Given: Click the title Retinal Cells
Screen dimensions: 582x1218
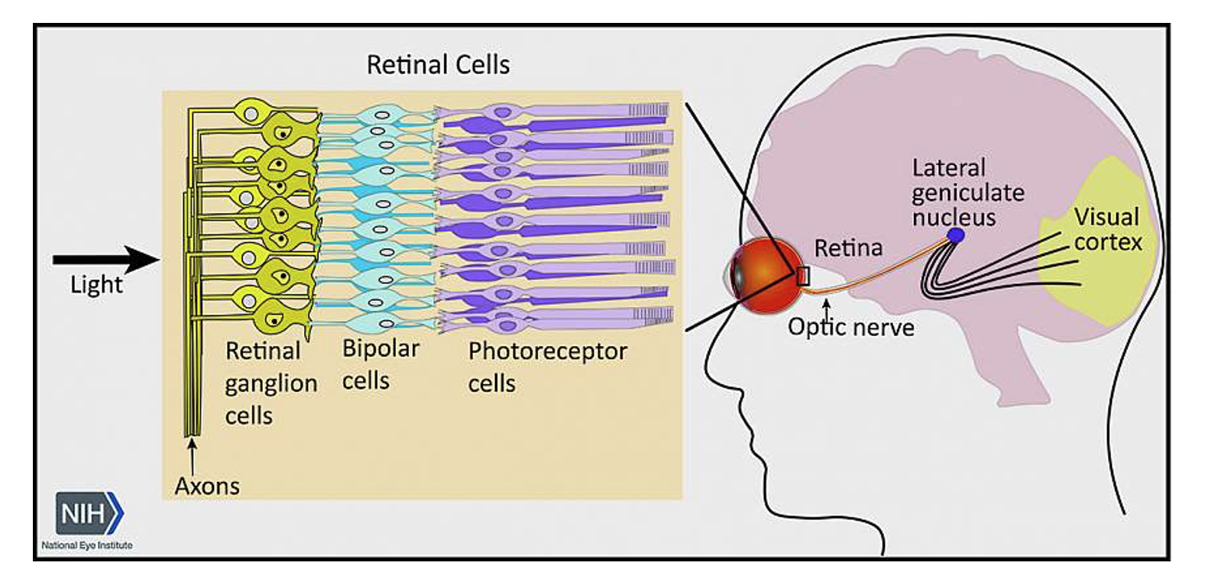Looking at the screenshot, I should point(438,65).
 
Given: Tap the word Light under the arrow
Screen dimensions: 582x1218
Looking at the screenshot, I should point(96,285).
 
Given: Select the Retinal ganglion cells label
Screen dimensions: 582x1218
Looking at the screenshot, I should point(270,383).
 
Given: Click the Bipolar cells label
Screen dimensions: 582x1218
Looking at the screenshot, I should point(380,364).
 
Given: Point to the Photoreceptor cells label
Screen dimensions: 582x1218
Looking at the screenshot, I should point(546,366).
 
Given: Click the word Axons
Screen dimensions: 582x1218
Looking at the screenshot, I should point(206,486).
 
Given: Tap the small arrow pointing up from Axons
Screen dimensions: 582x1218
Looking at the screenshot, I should point(193,454).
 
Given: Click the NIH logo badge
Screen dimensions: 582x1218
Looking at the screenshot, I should point(88,513).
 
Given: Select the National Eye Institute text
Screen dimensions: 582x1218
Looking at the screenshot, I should point(86,545).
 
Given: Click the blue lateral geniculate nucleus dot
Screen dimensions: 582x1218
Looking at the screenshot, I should point(954,235).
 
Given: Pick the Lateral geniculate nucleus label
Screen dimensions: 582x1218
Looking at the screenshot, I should point(967,192).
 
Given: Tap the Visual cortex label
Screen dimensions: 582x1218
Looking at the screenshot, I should point(1107,229).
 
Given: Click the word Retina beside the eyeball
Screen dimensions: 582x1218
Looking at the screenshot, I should point(847,247).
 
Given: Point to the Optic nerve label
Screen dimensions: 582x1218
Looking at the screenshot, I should point(850,328).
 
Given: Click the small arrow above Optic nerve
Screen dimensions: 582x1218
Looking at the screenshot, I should point(826,309).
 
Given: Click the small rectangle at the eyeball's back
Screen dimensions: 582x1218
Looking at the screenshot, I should point(802,276).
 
